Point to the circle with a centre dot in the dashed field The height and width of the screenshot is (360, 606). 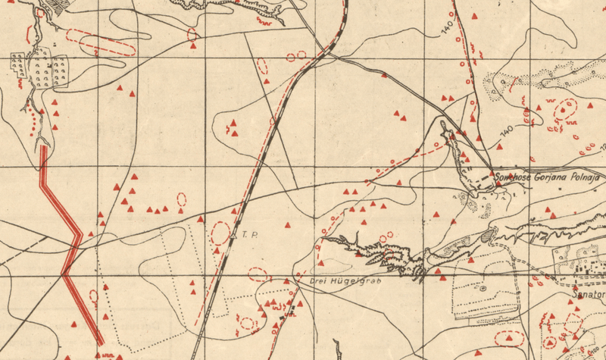click(x=482, y=289)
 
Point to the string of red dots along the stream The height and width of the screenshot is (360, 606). click(x=33, y=121)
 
